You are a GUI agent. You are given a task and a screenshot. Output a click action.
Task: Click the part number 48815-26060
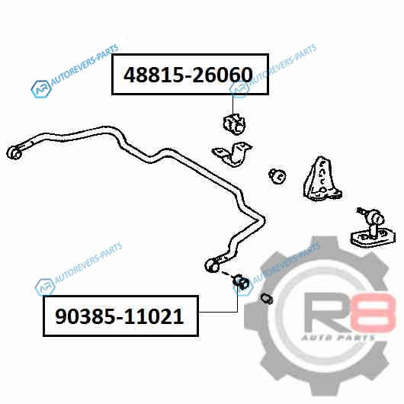pyautogui.click(x=188, y=75)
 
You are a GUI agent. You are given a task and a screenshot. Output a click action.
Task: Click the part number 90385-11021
pyautogui.click(x=119, y=316)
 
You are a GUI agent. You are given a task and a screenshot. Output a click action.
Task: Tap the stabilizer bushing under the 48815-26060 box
pyautogui.click(x=234, y=124)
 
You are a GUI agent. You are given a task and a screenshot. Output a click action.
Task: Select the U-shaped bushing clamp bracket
pyautogui.click(x=232, y=154)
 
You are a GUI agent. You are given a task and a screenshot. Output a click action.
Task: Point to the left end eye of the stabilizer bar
pyautogui.click(x=14, y=152)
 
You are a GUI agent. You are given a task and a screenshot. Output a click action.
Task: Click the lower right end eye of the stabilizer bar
pyautogui.click(x=213, y=265)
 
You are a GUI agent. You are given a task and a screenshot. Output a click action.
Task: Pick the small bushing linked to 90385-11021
pyautogui.click(x=241, y=282)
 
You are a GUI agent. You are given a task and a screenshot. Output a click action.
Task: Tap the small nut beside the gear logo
pyautogui.click(x=267, y=298)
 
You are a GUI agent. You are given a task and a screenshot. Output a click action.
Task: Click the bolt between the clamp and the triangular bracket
pyautogui.click(x=277, y=176)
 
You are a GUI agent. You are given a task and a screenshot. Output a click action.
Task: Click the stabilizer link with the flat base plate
pyautogui.click(x=372, y=228)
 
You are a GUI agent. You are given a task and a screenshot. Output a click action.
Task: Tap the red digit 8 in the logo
pyautogui.click(x=375, y=313)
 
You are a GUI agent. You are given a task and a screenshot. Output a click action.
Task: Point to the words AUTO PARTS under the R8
pyautogui.click(x=338, y=338)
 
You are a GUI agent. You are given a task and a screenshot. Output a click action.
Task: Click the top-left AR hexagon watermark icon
pyautogui.click(x=41, y=89)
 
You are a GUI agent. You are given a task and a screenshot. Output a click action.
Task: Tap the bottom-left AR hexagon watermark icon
pyautogui.click(x=45, y=287)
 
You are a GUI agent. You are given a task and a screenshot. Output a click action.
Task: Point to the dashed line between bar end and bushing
pyautogui.click(x=226, y=274)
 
